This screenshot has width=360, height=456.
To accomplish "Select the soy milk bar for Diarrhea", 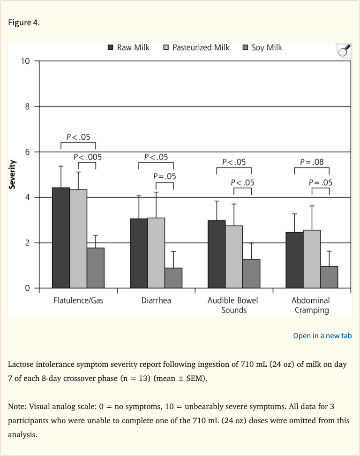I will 173,278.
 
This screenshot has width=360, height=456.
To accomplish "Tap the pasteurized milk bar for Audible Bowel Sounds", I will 234,257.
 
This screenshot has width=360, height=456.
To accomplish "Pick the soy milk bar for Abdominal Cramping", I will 329,277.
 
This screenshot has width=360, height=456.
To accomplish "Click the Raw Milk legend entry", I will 129,47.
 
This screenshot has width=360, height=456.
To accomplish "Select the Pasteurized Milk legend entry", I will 196,47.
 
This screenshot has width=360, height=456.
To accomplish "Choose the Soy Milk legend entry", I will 262,47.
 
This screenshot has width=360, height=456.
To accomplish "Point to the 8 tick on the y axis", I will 28,106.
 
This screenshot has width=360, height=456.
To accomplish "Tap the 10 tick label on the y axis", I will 25,61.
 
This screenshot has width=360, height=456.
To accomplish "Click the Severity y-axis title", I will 13,175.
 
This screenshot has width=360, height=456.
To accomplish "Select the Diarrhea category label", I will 156,300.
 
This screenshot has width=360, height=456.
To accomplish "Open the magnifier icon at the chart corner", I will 344,51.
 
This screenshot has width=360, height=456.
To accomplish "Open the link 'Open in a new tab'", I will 322,335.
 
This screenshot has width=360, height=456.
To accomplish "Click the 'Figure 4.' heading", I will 24,23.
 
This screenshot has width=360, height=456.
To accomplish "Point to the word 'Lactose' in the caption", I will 22,365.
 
